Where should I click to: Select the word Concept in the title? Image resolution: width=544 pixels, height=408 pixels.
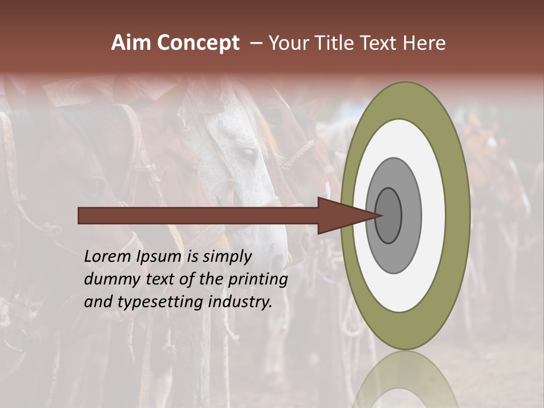click(x=198, y=43)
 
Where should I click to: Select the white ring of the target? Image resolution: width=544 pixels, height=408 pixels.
click(x=433, y=215)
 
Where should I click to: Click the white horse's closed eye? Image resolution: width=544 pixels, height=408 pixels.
click(x=245, y=153)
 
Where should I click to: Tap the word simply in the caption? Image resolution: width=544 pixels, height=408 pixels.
click(x=226, y=257)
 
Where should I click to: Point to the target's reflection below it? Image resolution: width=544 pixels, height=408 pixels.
click(x=405, y=380)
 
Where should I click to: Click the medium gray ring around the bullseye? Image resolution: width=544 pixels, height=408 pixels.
click(x=412, y=215)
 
